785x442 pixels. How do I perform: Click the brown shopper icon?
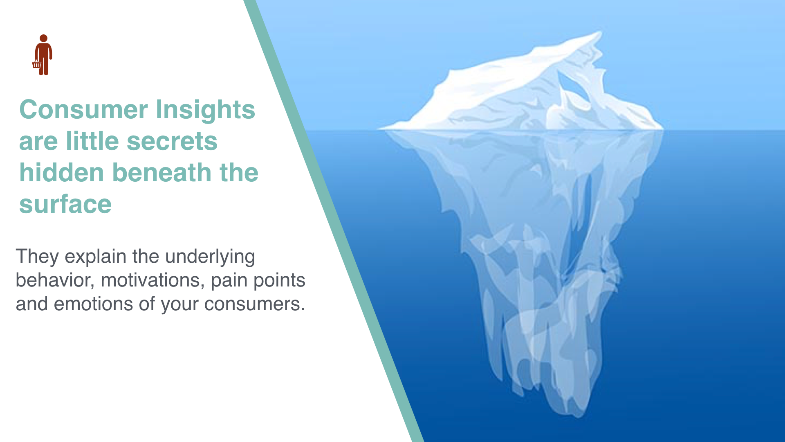(x=43, y=55)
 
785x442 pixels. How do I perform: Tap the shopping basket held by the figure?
(x=37, y=64)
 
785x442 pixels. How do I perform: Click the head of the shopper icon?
(x=44, y=38)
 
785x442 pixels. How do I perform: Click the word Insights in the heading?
(x=205, y=110)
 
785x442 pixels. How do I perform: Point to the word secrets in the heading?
(x=172, y=141)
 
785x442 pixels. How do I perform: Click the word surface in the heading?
(x=65, y=204)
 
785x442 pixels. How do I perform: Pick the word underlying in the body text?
(x=210, y=257)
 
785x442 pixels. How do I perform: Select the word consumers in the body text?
(x=254, y=304)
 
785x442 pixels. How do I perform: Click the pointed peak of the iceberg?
(x=599, y=33)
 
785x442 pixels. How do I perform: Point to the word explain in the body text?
(x=95, y=257)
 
